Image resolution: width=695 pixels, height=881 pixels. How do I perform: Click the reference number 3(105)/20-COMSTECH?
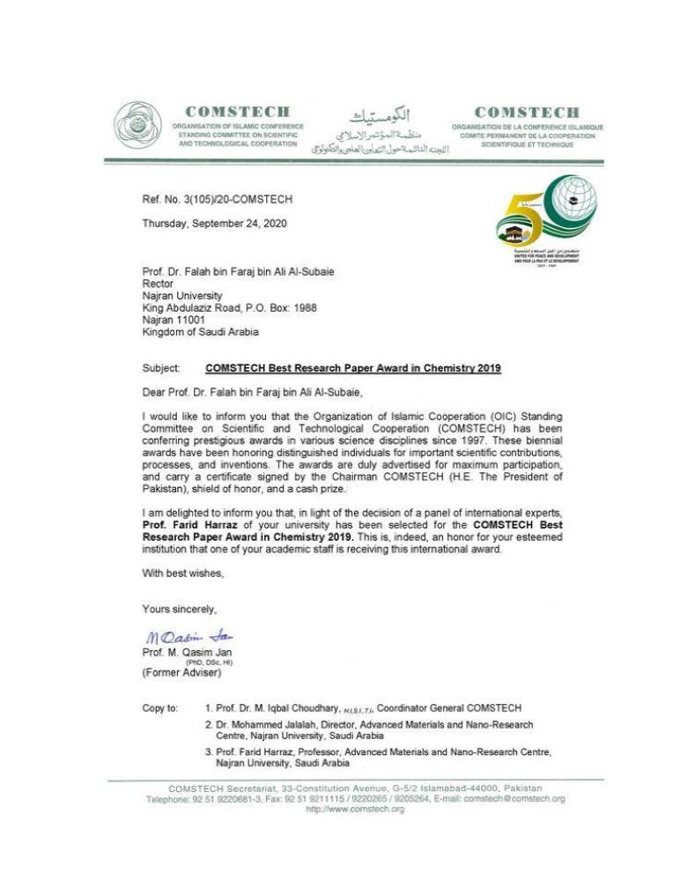(x=217, y=200)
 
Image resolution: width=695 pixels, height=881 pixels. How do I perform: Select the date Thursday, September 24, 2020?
(x=214, y=223)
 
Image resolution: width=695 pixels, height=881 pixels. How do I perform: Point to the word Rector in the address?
(x=158, y=285)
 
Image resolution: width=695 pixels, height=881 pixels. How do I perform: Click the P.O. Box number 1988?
(x=301, y=308)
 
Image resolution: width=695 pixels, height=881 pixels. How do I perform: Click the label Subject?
(x=161, y=368)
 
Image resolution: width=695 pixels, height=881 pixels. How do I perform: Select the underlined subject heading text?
(x=353, y=368)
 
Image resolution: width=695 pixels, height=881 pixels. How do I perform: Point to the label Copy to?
(x=160, y=708)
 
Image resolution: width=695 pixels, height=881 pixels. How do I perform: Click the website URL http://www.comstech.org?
(x=355, y=810)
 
